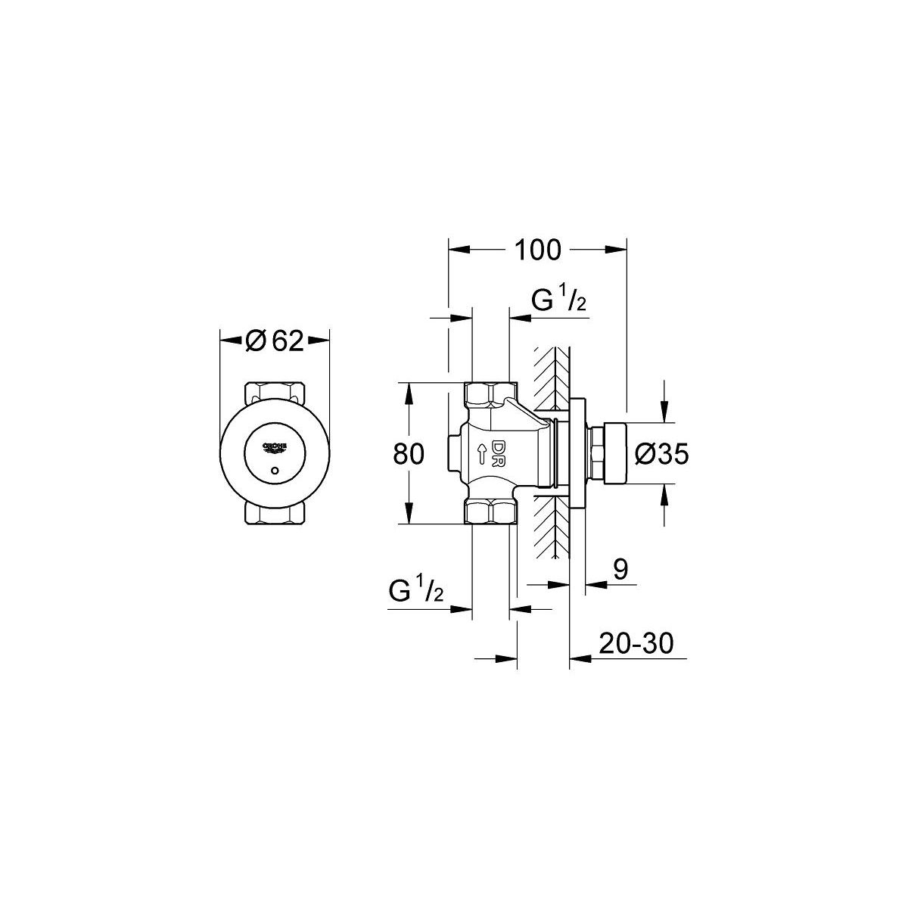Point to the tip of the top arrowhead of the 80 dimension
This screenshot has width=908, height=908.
coord(409,383)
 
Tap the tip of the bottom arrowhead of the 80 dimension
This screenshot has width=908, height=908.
coord(409,523)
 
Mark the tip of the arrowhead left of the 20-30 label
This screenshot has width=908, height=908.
coord(571,658)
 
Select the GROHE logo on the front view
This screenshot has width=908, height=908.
coord(275,449)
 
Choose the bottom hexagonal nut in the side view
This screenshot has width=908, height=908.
coord(491,512)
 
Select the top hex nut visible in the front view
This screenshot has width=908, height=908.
coord(275,393)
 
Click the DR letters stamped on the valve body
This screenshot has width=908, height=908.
coord(498,453)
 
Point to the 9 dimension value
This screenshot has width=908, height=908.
coord(620,570)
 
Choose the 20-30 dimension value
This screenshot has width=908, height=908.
coord(636,643)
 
